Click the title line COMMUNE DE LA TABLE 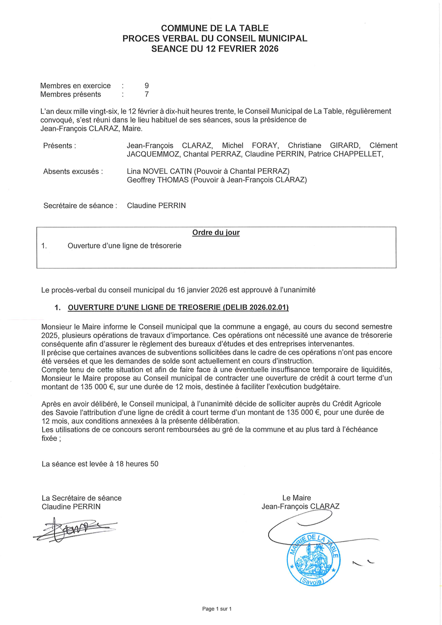(215, 28)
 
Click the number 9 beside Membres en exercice (146, 85)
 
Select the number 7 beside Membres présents (146, 94)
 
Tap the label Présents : (59, 145)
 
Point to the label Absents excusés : (73, 171)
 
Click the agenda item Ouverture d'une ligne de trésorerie (124, 245)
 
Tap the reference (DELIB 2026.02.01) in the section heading (255, 307)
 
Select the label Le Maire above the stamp (296, 497)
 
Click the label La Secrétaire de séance (82, 497)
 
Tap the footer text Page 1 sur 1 (217, 609)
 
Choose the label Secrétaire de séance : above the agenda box (80, 205)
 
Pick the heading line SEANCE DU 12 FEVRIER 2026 (215, 49)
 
